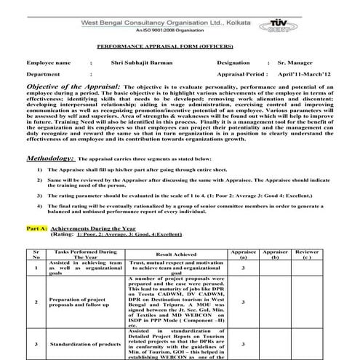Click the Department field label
pos(44,74)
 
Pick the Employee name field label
pos(49,63)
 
